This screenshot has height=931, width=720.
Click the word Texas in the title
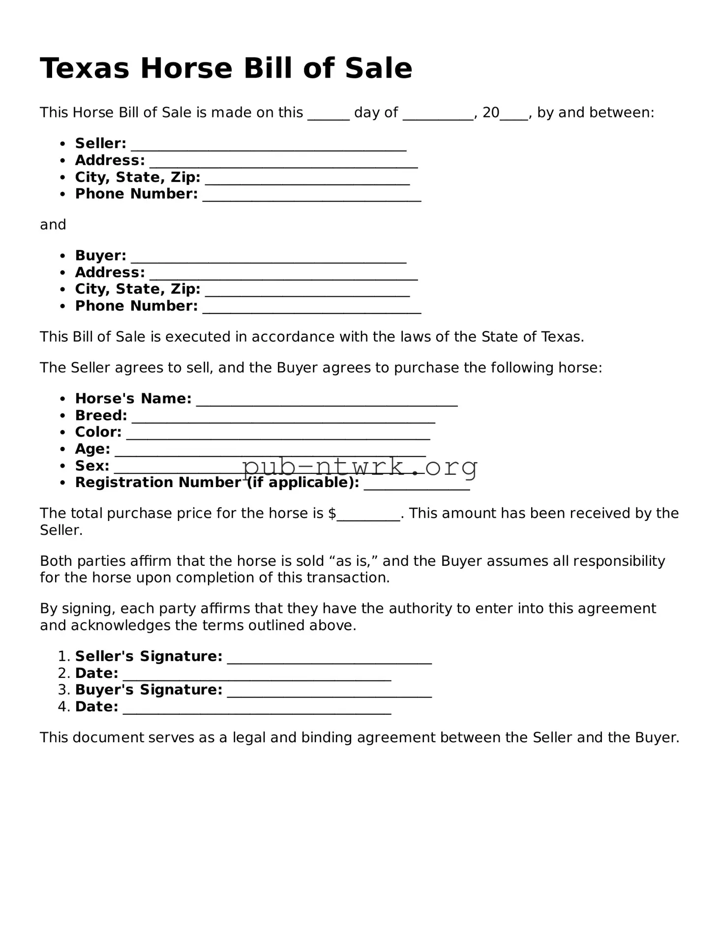tap(85, 68)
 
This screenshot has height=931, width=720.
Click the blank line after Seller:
tap(268, 146)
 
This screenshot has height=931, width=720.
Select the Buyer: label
tap(100, 256)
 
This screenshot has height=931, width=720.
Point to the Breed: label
tap(101, 415)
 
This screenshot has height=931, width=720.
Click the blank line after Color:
tap(278, 435)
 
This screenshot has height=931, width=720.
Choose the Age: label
tap(92, 449)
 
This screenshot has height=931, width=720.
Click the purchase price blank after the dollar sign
tap(368, 516)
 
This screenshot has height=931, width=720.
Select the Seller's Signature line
tap(329, 659)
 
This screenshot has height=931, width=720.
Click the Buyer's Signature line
tap(329, 693)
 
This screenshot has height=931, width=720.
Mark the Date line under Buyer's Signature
tap(257, 709)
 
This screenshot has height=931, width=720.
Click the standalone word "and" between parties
tap(53, 225)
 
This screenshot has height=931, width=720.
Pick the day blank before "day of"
tap(328, 115)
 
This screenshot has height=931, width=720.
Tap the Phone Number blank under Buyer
tap(312, 309)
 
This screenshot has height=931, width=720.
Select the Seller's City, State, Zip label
tap(138, 177)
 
